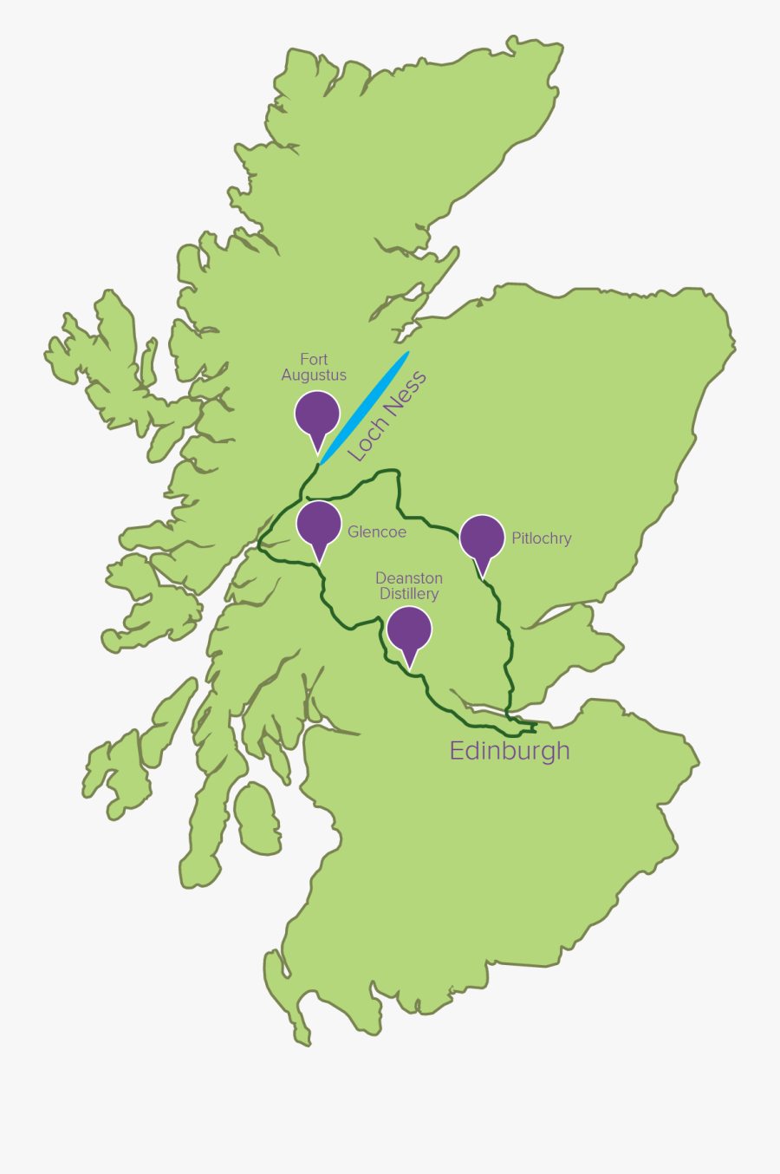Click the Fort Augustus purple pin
316,414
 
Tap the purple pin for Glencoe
319,524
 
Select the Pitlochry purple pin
482,537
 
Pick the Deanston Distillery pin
409,629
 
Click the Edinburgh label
510,751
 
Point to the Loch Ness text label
387,415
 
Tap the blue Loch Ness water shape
365,407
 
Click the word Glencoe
377,532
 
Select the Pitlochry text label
542,538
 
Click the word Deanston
409,578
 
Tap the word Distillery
409,594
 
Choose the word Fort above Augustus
314,359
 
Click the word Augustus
314,375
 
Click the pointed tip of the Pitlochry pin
483,577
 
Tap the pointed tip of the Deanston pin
409,669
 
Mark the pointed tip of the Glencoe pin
319,564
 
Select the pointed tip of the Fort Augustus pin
317,453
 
